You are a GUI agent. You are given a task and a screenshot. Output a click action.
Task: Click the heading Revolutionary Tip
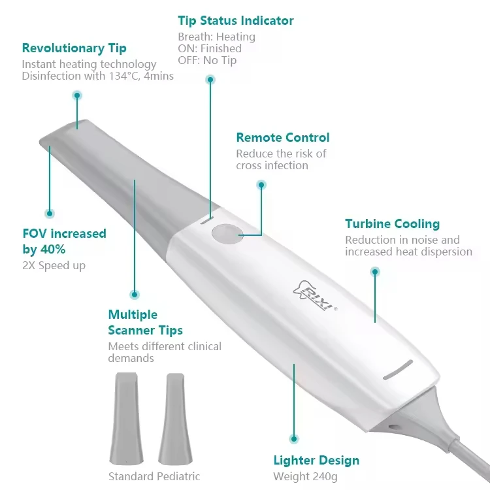tap(74, 48)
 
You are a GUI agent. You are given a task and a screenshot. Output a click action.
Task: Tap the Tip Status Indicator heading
tap(236, 20)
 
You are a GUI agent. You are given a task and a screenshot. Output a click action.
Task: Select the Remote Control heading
tap(283, 138)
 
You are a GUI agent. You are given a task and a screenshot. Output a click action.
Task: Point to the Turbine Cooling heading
tap(392, 224)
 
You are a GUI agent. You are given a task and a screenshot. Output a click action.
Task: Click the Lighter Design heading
tap(316, 461)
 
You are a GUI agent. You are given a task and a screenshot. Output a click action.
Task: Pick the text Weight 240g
tap(305, 477)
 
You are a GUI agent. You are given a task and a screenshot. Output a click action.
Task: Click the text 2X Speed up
tap(54, 265)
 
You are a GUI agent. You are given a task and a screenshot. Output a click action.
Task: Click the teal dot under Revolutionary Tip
tap(77, 95)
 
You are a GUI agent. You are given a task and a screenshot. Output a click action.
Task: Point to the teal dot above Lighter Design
tap(294, 439)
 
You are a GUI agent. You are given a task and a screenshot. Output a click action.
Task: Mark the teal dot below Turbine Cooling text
tap(375, 271)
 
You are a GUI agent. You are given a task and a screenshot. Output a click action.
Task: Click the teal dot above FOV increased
tap(49, 213)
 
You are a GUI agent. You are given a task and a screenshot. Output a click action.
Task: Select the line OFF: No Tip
tap(207, 61)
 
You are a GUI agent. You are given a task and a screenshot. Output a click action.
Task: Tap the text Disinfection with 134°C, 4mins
tap(98, 76)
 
